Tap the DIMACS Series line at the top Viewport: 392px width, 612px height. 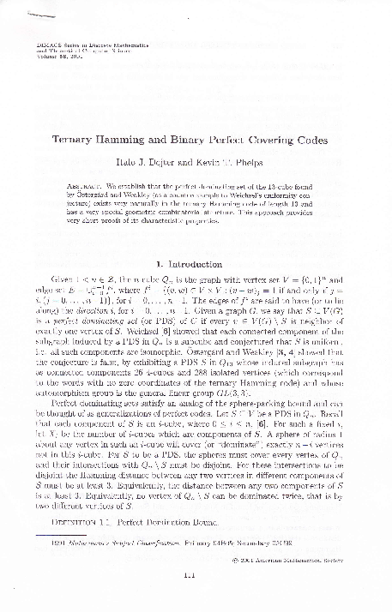tap(94, 39)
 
